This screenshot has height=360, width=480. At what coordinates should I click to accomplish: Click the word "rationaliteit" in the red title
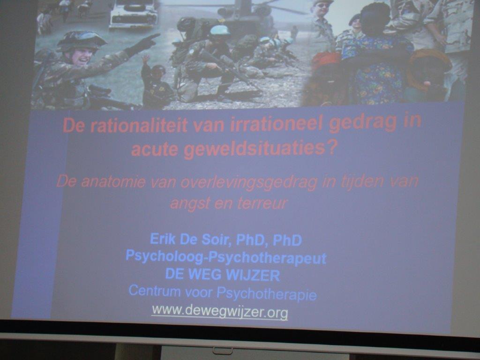pyautogui.click(x=139, y=126)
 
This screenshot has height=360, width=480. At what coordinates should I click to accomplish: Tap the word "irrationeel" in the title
pyautogui.click(x=276, y=124)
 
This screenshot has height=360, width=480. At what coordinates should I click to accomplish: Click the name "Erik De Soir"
pyautogui.click(x=189, y=240)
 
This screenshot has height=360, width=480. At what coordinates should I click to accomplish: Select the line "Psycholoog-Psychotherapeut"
pyautogui.click(x=226, y=257)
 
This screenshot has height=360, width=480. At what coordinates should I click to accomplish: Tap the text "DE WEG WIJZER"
pyautogui.click(x=223, y=275)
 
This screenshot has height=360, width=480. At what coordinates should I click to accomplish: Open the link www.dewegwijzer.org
pyautogui.click(x=220, y=312)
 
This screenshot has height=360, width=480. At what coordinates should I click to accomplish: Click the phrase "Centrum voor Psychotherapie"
pyautogui.click(x=223, y=292)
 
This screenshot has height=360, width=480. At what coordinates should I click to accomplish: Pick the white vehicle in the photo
pyautogui.click(x=133, y=15)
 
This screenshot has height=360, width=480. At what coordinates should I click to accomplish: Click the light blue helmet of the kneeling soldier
pyautogui.click(x=220, y=30)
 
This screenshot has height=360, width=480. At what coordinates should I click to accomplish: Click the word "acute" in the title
pyautogui.click(x=155, y=150)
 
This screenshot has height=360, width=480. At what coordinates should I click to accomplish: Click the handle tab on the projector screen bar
pyautogui.click(x=223, y=351)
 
